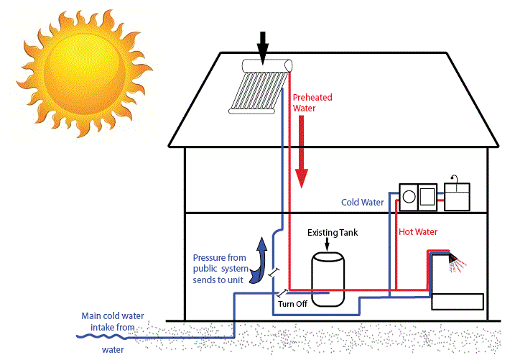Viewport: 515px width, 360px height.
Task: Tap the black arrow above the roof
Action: coord(262,47)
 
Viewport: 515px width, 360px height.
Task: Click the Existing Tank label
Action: coord(332,233)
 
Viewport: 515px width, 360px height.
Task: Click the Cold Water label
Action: coord(362,203)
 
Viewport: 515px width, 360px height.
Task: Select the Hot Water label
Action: coord(418,232)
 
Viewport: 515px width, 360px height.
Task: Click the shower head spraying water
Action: coord(453,256)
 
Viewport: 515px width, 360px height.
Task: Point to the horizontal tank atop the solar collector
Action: coord(267,65)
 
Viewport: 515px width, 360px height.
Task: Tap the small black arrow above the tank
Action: coord(328,243)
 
